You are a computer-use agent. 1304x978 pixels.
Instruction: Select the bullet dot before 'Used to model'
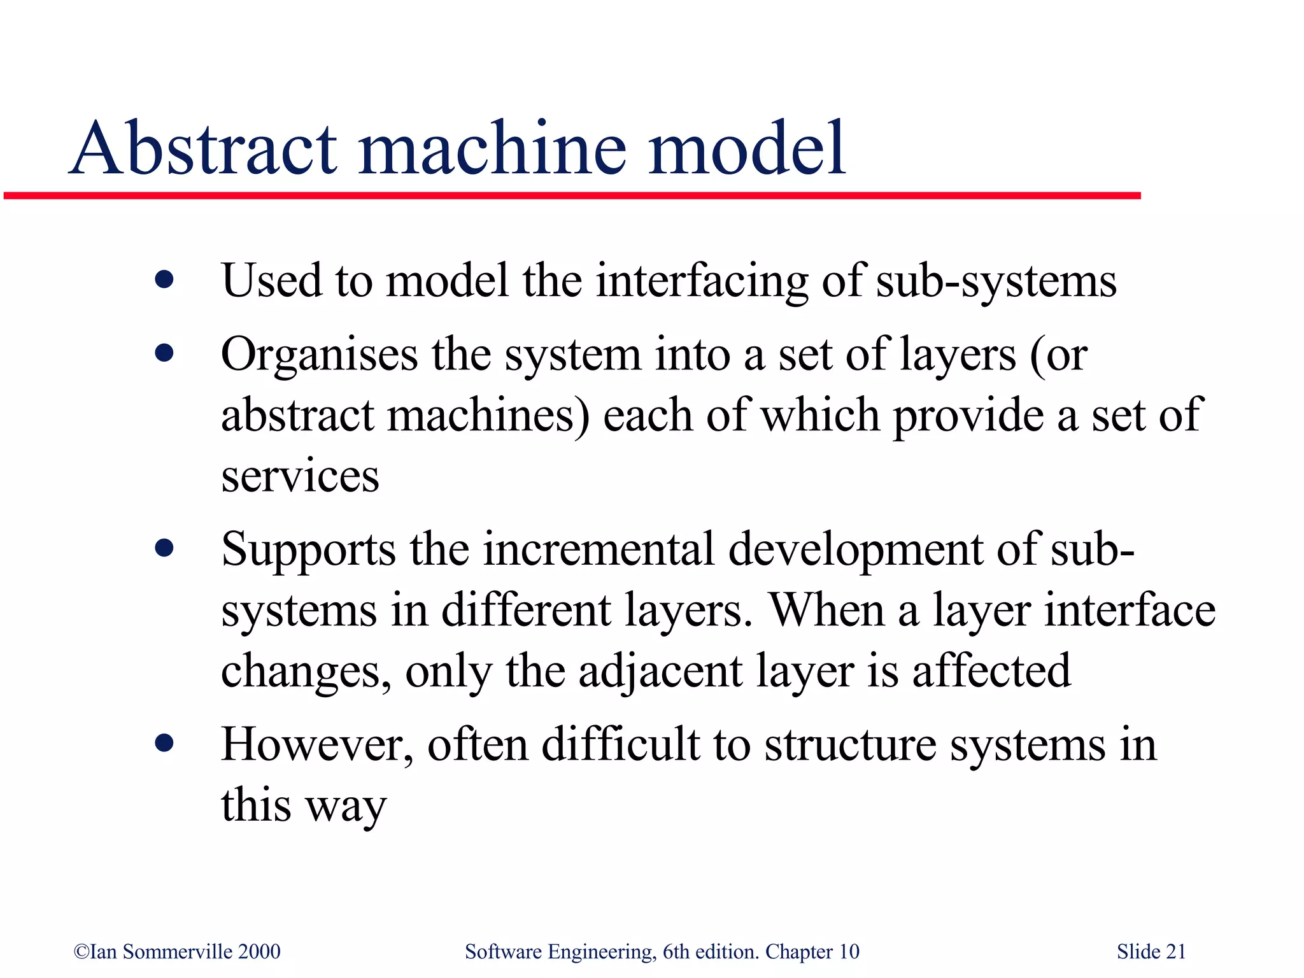pos(164,280)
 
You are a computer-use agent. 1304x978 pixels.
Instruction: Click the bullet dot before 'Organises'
pos(164,353)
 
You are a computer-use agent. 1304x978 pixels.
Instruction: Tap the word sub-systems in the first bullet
pos(996,282)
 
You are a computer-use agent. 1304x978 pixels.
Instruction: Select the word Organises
pos(319,355)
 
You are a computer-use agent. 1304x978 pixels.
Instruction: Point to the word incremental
pos(599,549)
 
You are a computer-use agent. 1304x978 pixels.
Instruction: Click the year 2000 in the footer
pos(259,951)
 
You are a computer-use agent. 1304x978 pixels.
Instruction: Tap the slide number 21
pos(1175,951)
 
